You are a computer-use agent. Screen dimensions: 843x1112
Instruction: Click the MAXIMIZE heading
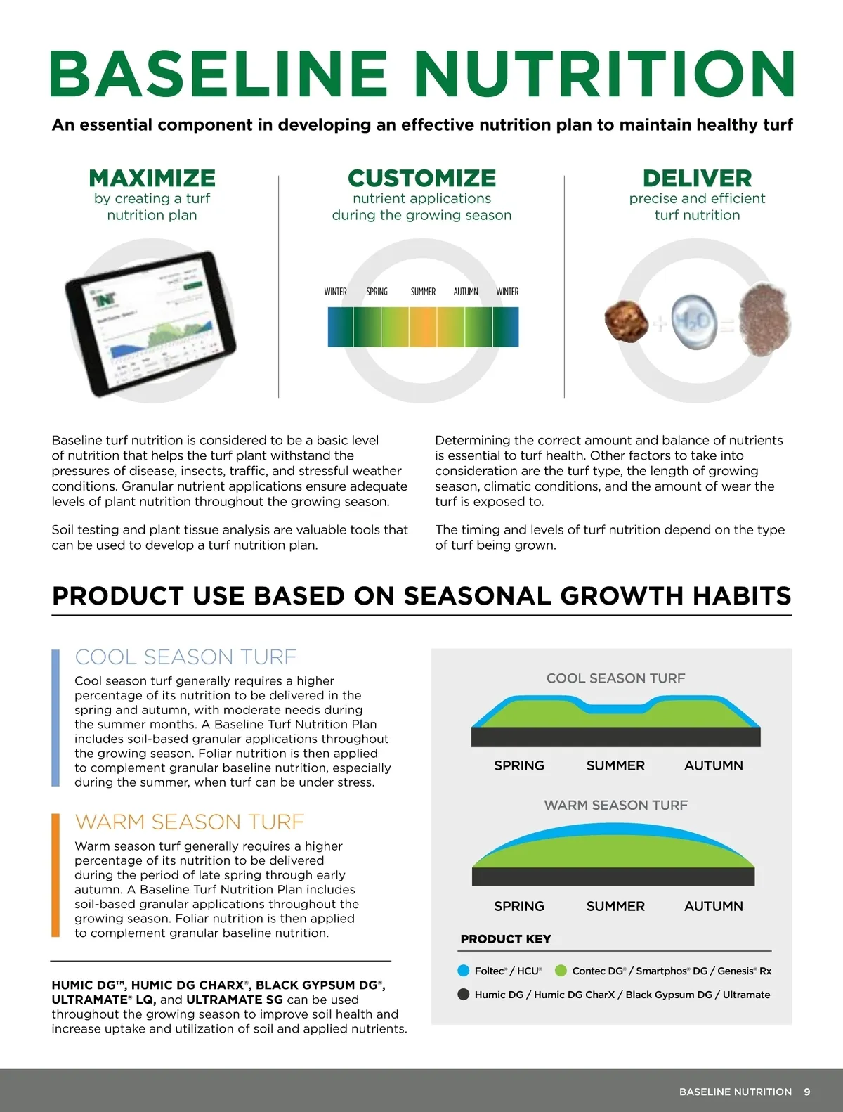(x=152, y=179)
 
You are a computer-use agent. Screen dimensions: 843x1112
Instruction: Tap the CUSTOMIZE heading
(x=421, y=179)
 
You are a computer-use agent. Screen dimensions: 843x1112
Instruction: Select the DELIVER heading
(x=697, y=179)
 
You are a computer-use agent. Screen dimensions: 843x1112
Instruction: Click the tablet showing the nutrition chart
(x=150, y=323)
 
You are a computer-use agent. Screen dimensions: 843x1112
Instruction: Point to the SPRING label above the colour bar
(x=377, y=292)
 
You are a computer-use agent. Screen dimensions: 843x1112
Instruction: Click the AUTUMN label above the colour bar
(x=465, y=292)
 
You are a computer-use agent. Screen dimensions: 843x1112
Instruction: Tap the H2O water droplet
(x=694, y=322)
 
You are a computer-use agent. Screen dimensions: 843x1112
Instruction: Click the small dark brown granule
(x=627, y=321)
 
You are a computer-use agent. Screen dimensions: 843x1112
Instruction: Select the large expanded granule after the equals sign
(x=764, y=320)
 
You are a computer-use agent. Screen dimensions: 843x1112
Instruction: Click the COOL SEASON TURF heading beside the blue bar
(x=185, y=657)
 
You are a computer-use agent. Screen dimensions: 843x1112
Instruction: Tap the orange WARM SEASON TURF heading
(x=190, y=822)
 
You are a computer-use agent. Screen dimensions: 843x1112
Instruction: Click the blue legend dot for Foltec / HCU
(x=463, y=971)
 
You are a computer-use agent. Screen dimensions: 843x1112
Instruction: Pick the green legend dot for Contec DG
(x=561, y=971)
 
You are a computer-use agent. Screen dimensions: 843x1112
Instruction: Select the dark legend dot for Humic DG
(x=463, y=995)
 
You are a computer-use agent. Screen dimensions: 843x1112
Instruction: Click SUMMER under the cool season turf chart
(x=615, y=765)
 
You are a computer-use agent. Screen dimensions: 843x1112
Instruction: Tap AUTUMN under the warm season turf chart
(x=713, y=906)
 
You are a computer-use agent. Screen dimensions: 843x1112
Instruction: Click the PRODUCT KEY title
(x=505, y=939)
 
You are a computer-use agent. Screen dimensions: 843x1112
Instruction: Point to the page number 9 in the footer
(x=807, y=1092)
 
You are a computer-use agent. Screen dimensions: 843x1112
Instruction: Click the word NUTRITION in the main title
(x=606, y=74)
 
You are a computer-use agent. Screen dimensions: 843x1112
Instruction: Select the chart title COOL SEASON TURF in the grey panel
(x=615, y=678)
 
